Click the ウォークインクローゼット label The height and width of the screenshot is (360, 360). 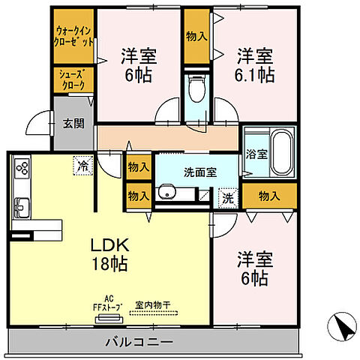coord(73,37)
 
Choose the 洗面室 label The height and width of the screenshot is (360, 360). coord(200,171)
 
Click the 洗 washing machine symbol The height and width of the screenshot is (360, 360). coord(226,198)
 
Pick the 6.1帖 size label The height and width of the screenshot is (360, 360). coord(255,73)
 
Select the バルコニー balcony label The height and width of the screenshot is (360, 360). coord(150,341)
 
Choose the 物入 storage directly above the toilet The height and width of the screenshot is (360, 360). coord(197,35)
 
